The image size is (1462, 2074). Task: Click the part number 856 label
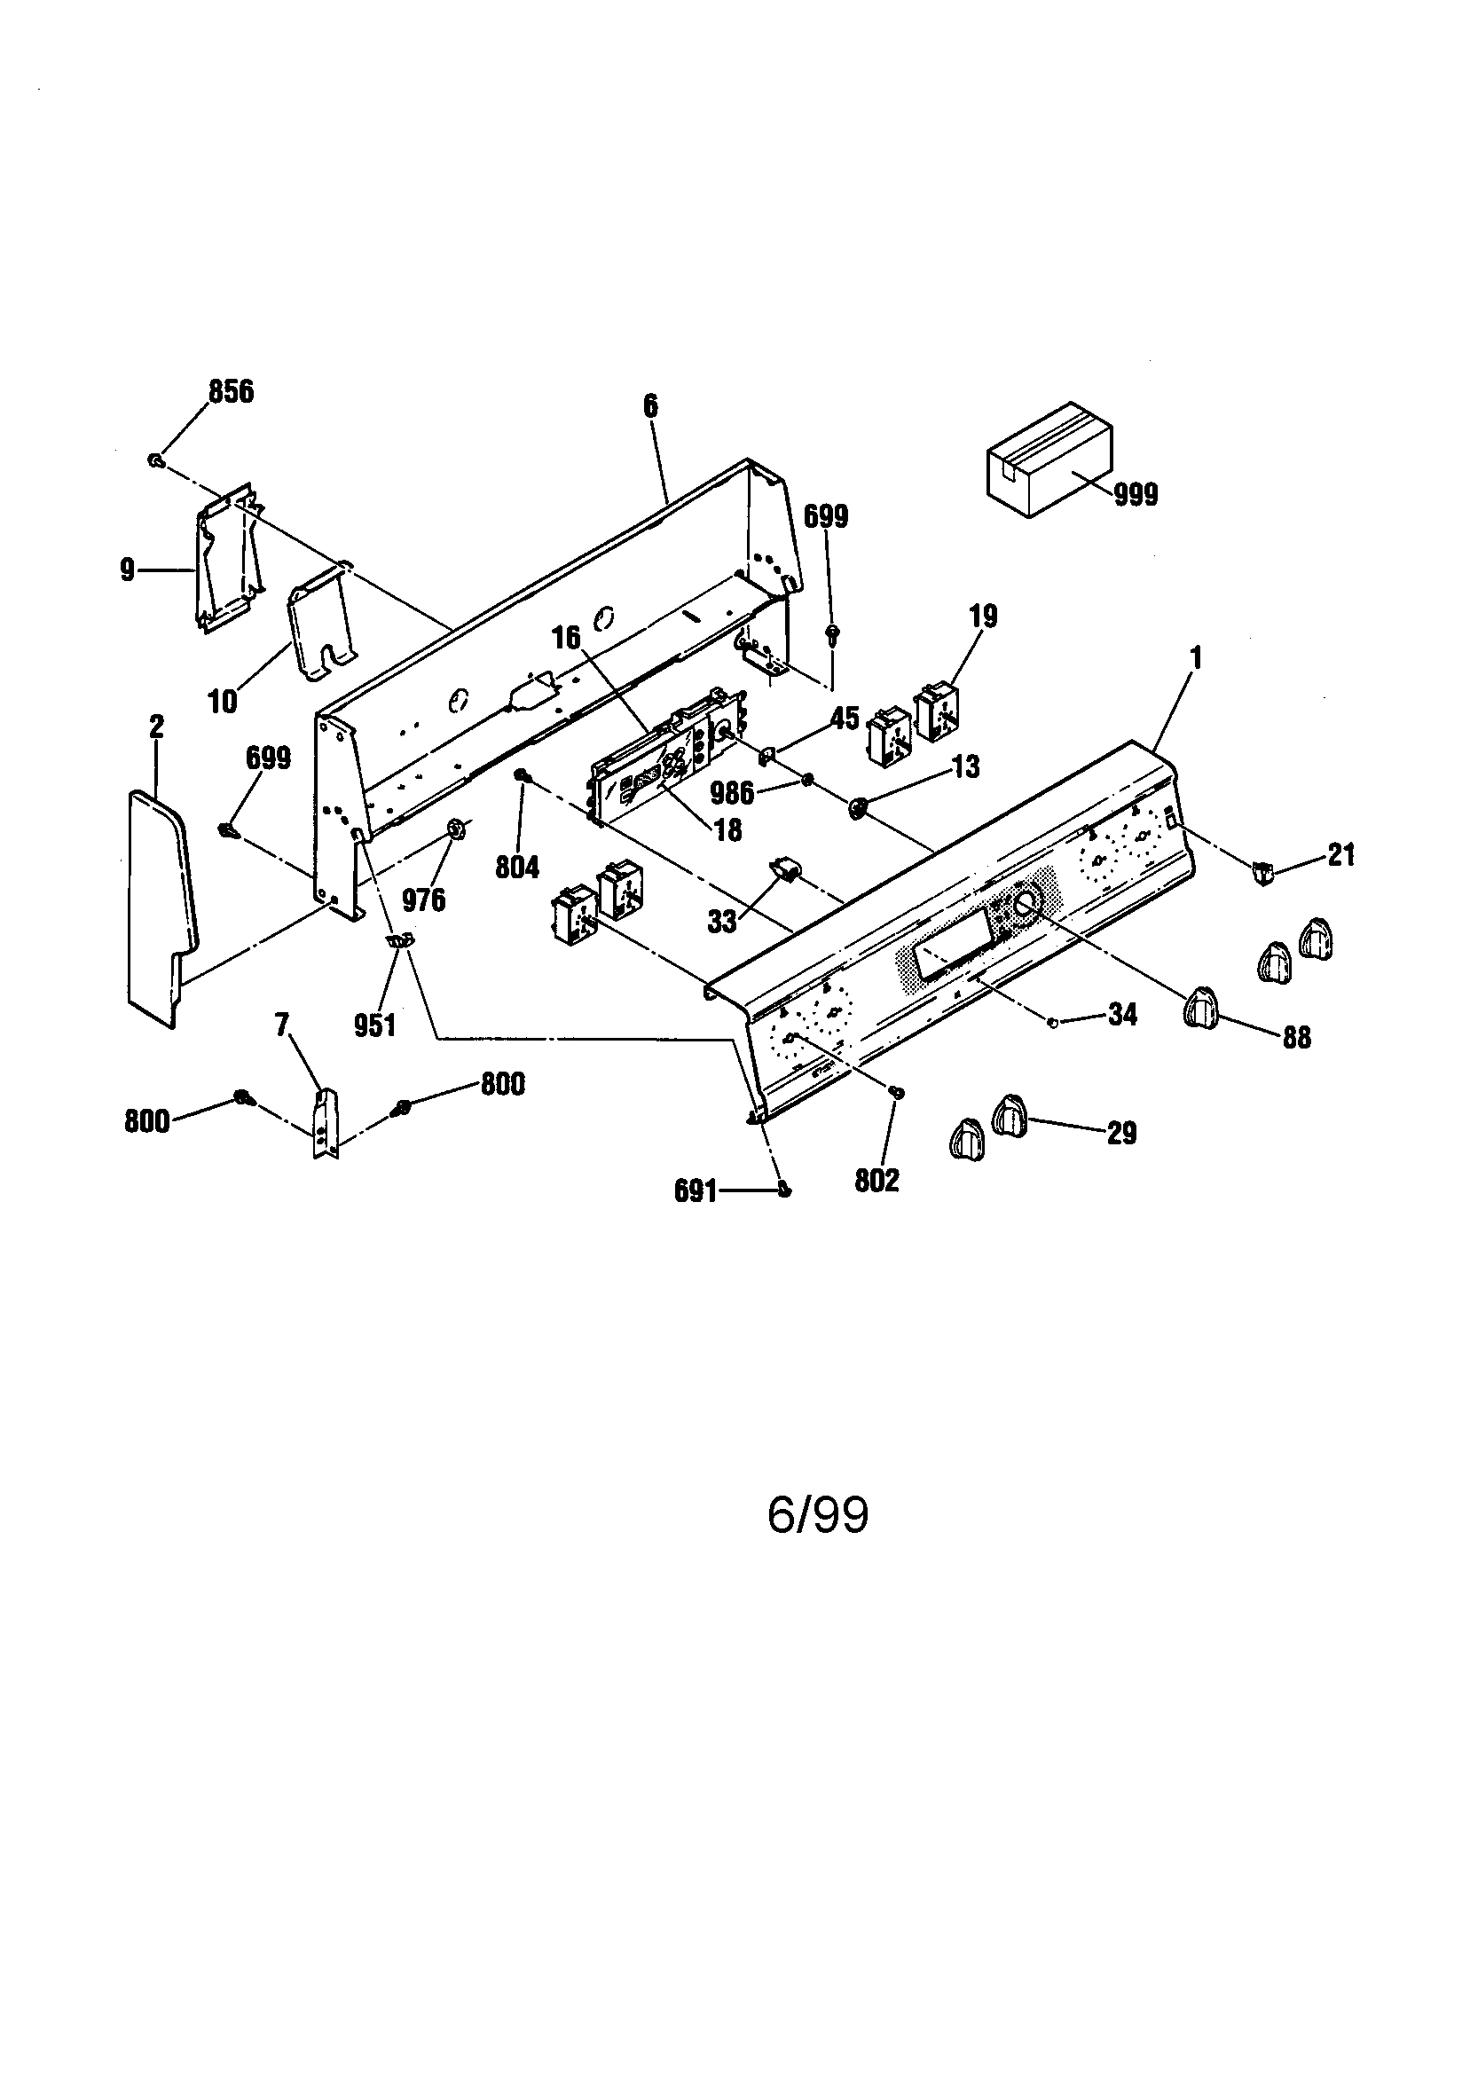pos(231,392)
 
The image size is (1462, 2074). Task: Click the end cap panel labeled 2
pos(160,903)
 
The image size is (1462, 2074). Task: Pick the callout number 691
pos(695,1192)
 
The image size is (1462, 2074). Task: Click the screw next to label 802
pos(897,1094)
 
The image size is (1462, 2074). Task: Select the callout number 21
pos(1341,854)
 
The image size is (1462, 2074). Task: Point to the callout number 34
pos(1122,1015)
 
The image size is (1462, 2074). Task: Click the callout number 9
pos(128,570)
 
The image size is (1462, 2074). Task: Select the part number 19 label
pos(983,617)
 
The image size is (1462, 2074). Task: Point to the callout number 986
pos(731,793)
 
